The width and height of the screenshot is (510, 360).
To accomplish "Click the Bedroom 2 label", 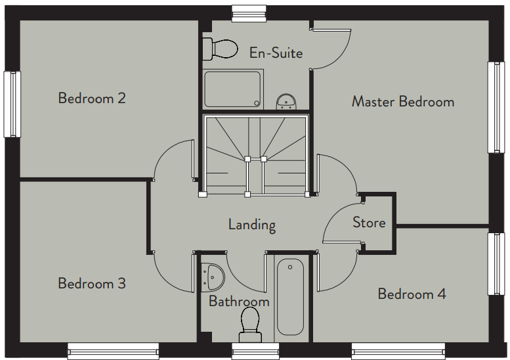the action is (x=92, y=98).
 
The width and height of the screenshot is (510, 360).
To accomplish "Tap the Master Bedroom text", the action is (x=403, y=101).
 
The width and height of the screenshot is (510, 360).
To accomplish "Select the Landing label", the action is (x=252, y=225).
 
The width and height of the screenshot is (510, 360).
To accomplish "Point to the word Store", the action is (x=369, y=222).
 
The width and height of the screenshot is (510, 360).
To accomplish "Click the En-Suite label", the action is (x=276, y=53).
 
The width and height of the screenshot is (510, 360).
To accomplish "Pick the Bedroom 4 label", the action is (x=412, y=294).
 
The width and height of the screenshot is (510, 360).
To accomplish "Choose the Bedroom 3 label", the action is (x=92, y=283).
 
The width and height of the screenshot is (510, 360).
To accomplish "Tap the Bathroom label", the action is (x=239, y=301).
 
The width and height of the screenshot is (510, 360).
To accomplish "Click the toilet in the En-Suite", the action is (x=220, y=49).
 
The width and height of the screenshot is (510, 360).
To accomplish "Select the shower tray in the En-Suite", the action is (x=233, y=89).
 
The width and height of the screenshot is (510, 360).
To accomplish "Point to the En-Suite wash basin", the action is (x=286, y=102).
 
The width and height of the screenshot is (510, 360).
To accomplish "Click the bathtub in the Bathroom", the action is (x=291, y=296).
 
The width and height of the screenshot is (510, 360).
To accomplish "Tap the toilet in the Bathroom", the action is (x=250, y=325).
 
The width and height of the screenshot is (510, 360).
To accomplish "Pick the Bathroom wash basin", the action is (x=213, y=277).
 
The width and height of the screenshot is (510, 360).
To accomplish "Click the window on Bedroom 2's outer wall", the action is (x=12, y=104).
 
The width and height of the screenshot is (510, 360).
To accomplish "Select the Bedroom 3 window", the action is (x=113, y=351).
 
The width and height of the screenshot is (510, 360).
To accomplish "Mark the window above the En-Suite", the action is (x=249, y=14).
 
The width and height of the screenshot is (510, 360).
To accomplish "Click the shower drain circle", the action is (x=257, y=104).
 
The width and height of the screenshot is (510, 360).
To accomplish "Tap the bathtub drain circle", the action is (x=290, y=267).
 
